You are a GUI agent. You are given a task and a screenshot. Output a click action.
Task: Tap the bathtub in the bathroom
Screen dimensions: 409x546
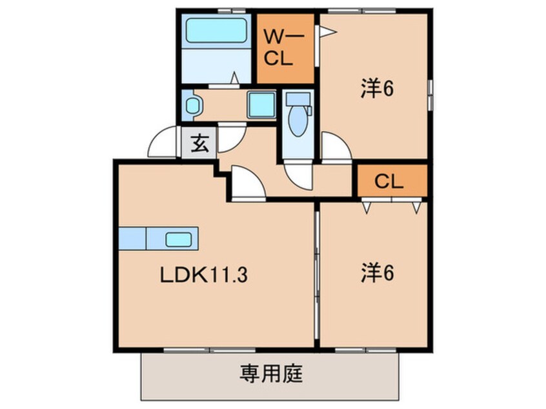(216, 31)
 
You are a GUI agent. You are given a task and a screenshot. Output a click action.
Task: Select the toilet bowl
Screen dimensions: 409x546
(298, 121)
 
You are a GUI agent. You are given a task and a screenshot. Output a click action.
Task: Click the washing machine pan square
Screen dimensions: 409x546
(261, 105)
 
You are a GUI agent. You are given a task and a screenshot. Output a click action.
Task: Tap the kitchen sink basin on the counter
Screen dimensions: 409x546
(179, 239)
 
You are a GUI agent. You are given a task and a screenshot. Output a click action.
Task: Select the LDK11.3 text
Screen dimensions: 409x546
(204, 276)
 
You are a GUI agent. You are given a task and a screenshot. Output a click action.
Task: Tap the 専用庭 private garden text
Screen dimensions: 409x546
(272, 374)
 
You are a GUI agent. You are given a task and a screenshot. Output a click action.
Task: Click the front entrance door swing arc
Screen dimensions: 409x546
(162, 143)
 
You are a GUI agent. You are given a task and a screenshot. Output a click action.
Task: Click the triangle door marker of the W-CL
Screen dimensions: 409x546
(328, 30)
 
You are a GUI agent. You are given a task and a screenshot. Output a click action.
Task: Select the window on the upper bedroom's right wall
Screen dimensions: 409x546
(430, 90)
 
